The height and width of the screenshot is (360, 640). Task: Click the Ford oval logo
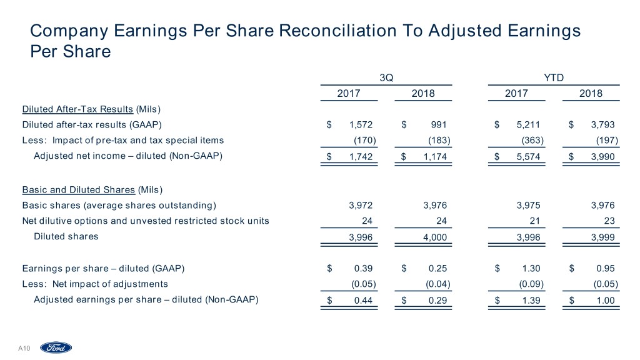pos(56,347)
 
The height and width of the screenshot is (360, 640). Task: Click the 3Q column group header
pos(386,77)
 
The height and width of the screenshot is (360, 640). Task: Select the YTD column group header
pos(554,77)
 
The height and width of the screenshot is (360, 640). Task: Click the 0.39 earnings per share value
pos(364,269)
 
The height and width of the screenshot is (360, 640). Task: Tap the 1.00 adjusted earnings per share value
pos(606,301)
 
